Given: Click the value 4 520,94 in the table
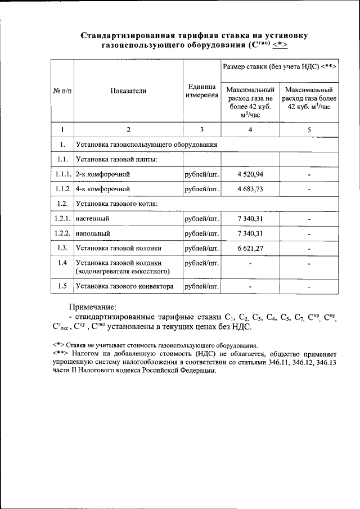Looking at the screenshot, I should point(250,174).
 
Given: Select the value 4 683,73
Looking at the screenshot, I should point(250,189).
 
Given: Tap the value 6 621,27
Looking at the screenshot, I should point(250,247).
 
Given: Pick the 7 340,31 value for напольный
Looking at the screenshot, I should point(250,233).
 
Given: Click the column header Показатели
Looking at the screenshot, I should point(128,90).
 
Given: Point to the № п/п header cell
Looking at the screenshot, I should point(62,90).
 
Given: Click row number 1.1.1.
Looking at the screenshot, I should point(62,174).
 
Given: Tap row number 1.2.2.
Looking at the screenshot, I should point(62,233).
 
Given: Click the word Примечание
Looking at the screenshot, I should point(92,307).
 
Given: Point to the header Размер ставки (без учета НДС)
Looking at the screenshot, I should point(280,66).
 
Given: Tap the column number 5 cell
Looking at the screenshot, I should point(309,130).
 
